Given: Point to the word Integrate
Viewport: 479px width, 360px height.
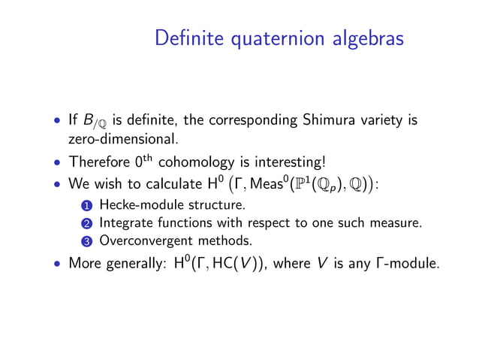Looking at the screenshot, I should [x=124, y=222].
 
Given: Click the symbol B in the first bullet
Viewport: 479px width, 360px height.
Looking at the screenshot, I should [x=85, y=120].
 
